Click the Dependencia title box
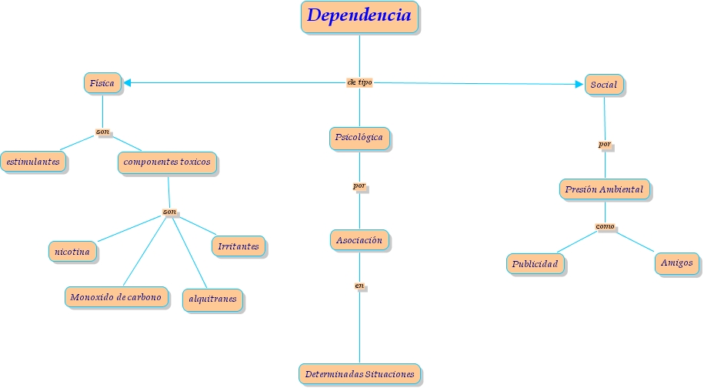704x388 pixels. pos(359,16)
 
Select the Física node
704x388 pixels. pos(102,82)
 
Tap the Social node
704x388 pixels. pos(604,85)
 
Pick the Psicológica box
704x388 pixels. pos(359,138)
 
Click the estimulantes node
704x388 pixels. pos(32,162)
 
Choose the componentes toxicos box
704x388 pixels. pos(167,162)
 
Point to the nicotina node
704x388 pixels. pos(72,251)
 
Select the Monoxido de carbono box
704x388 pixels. pos(115,297)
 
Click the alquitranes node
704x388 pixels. pos(212,299)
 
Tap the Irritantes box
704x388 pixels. pos(239,246)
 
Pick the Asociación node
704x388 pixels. pos(359,240)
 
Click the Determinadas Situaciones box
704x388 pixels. pos(359,374)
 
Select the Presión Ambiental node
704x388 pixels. pos(604,189)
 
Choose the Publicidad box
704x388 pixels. pos(536,263)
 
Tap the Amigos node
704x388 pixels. pos(677,263)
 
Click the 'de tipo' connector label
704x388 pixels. pos(359,82)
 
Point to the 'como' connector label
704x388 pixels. pos(605,226)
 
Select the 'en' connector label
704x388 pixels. pos(359,286)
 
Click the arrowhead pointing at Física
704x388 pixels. pos(127,82)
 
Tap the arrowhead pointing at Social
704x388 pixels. pos(579,84)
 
